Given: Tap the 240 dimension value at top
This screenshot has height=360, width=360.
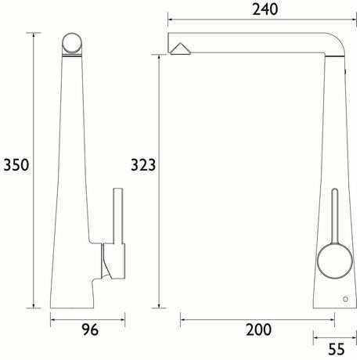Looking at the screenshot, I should point(257,9).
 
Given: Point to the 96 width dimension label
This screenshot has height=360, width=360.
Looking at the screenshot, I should point(88,331).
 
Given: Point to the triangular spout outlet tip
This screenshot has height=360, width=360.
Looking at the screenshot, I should point(181,50).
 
